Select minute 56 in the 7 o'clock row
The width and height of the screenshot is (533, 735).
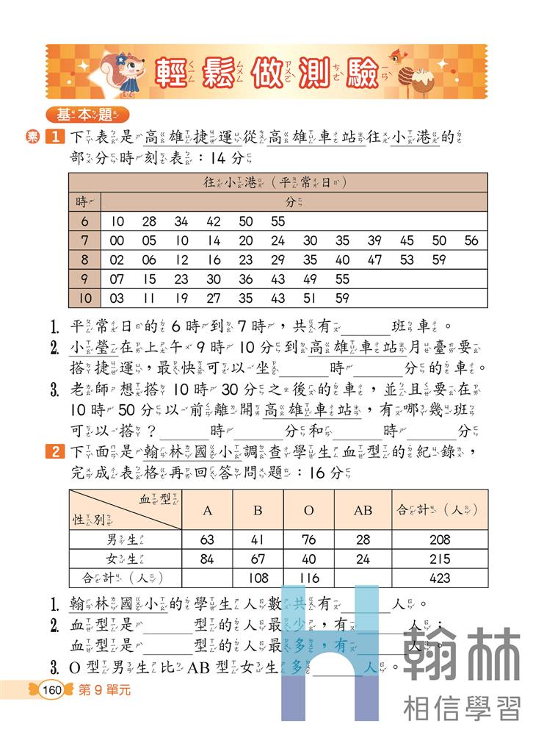(471, 240)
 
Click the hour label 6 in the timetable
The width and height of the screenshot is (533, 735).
(84, 221)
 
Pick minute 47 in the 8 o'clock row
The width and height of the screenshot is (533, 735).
(374, 259)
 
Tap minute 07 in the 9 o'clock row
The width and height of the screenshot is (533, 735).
(117, 279)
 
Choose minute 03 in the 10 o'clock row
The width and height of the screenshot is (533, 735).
(117, 298)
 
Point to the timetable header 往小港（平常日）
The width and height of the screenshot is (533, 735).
(278, 182)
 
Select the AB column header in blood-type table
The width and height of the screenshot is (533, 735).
(363, 509)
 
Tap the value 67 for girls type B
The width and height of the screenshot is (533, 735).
(257, 559)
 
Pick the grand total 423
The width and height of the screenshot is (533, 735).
(439, 578)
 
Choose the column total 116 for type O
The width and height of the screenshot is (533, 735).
(308, 578)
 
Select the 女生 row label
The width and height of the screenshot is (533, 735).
(125, 559)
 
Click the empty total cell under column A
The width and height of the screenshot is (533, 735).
(206, 578)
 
